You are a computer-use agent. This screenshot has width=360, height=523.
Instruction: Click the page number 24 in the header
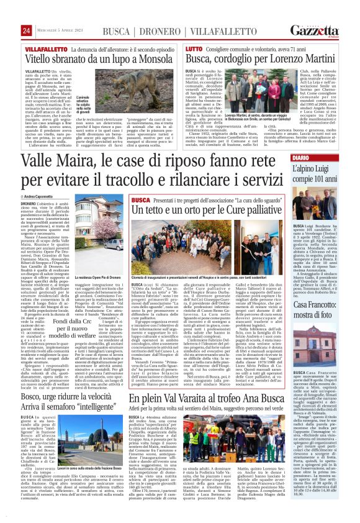[x=27, y=30]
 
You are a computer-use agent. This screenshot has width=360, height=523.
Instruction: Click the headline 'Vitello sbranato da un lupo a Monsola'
[x=99, y=58]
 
